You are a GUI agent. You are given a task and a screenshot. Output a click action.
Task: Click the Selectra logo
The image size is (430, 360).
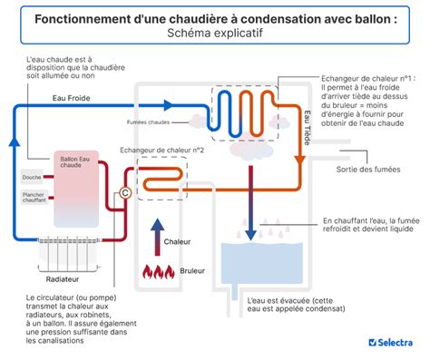click(x=391, y=342)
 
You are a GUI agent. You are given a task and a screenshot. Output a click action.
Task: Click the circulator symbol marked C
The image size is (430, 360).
click(x=125, y=191)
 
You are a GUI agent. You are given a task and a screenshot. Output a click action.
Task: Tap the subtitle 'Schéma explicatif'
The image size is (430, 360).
click(x=214, y=33)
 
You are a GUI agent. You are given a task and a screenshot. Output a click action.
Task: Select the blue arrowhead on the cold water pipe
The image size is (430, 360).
click(x=15, y=143)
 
